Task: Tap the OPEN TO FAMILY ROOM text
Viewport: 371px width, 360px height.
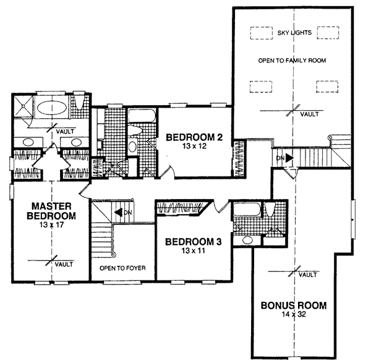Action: (291, 60)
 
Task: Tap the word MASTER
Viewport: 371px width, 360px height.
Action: (52, 207)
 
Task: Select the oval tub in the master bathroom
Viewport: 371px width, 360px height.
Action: (52, 107)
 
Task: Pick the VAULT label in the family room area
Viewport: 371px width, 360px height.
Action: (309, 114)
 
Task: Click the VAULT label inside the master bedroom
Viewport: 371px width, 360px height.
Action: (64, 264)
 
